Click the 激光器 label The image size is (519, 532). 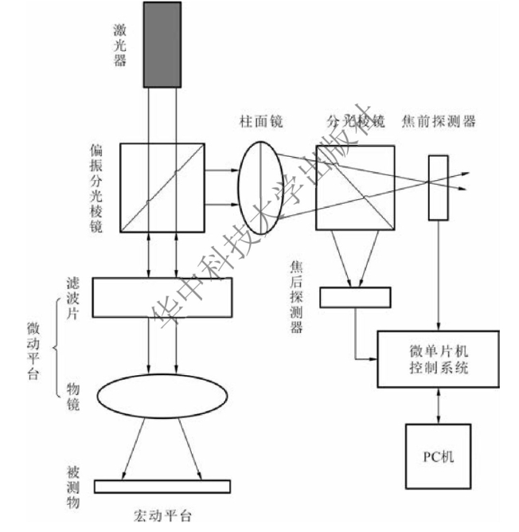[120, 45]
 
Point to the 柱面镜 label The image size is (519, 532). [261, 121]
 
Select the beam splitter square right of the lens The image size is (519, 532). [354, 186]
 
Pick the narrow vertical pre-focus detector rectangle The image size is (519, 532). [438, 187]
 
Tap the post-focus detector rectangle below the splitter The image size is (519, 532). [355, 296]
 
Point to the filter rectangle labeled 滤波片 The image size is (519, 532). [162, 297]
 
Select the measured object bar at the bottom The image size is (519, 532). [162, 486]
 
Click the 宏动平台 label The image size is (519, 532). [162, 514]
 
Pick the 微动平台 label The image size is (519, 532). [33, 351]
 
